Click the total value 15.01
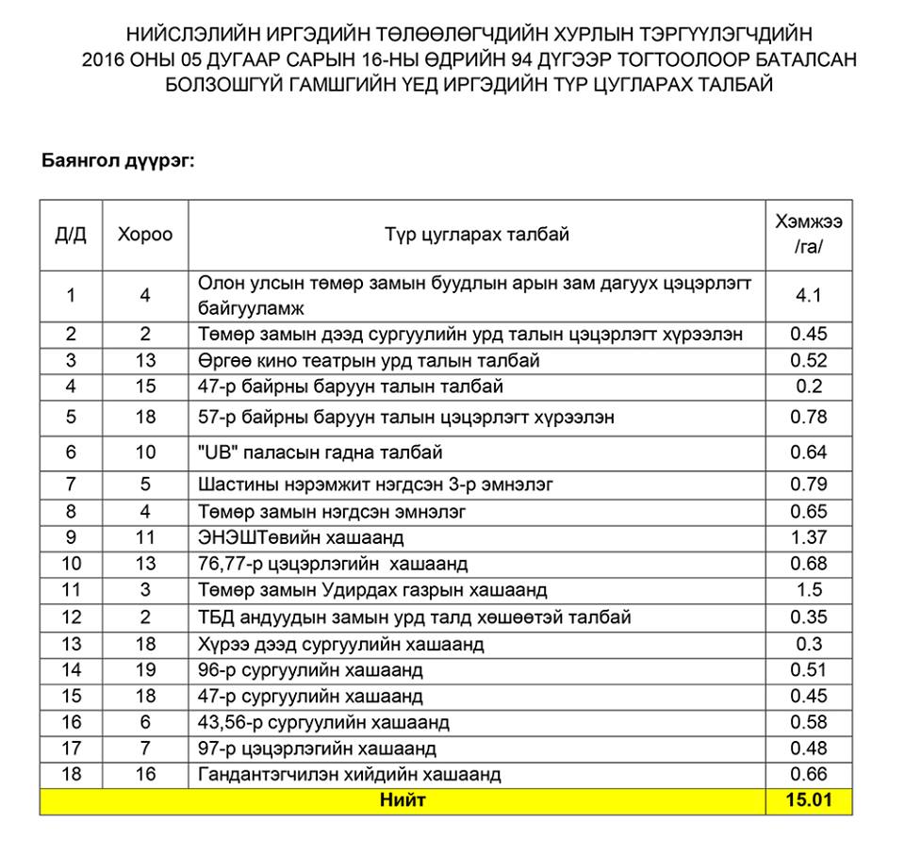[x=809, y=801]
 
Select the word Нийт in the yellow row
[x=403, y=801]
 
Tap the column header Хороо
[x=145, y=235]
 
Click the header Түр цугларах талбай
[x=476, y=235]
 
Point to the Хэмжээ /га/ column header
[x=809, y=234]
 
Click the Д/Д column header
[x=71, y=235]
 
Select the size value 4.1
[x=809, y=295]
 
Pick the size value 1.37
[x=809, y=537]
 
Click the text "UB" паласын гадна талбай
[x=321, y=452]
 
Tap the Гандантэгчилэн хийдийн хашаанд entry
[x=350, y=775]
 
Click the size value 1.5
[x=809, y=590]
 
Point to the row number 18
[x=71, y=775]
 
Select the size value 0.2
[x=809, y=386]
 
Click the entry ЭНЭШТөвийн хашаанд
[x=301, y=537]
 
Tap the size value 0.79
[x=809, y=485]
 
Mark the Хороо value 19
[x=145, y=670]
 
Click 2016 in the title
[x=104, y=60]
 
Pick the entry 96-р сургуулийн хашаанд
[x=310, y=670]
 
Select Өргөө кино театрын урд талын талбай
[x=370, y=360]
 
